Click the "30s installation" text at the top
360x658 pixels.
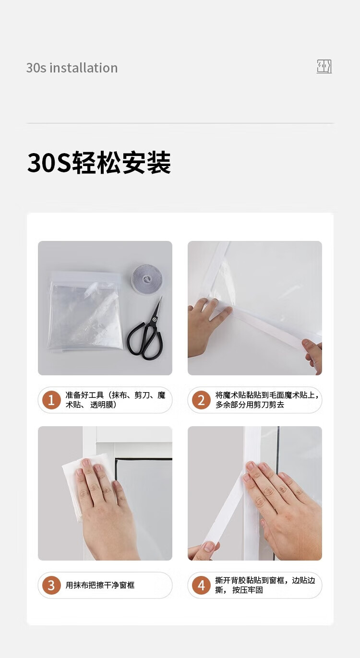pos(72,68)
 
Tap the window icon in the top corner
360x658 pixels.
pos(324,67)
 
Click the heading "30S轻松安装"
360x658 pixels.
pos(99,162)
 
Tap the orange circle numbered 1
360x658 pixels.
pos(51,400)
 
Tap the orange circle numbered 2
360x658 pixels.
pos(201,400)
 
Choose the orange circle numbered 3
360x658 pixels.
pos(51,585)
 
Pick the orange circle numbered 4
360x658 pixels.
pos(201,585)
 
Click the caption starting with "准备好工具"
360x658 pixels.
pos(116,400)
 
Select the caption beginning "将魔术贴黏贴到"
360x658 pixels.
pos(267,400)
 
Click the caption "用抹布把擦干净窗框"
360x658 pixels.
pos(100,585)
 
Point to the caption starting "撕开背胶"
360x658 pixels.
pos(265,585)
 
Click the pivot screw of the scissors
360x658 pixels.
pos(153,319)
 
